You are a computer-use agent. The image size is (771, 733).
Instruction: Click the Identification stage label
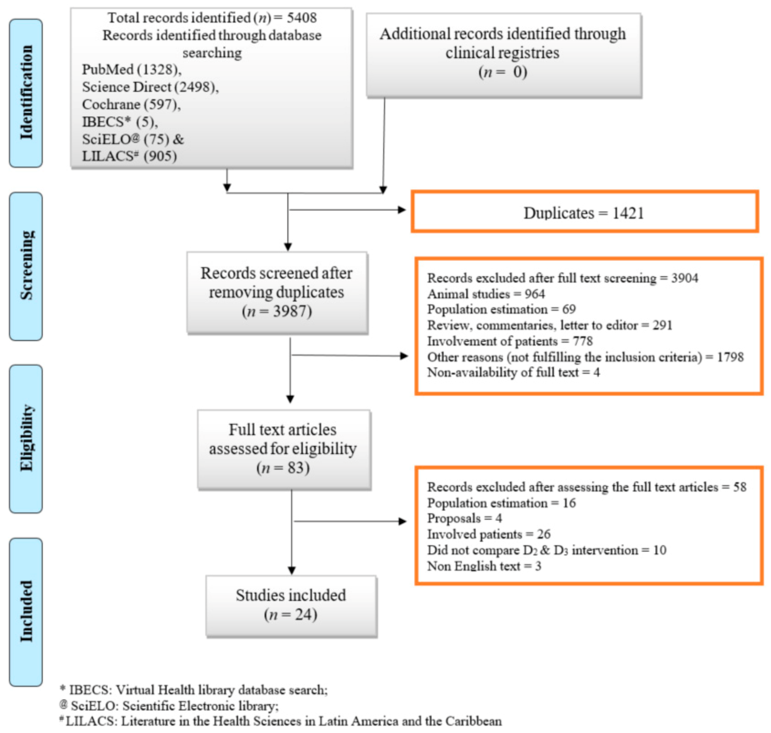pyautogui.click(x=26, y=93)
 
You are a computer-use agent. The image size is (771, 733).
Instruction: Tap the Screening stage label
pyautogui.click(x=26, y=266)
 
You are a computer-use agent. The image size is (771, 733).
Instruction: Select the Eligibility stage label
pyautogui.click(x=26, y=438)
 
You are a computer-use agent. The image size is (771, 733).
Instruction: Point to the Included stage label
pyautogui.click(x=26, y=611)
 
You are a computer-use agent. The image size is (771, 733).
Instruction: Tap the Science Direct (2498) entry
pyautogui.click(x=150, y=87)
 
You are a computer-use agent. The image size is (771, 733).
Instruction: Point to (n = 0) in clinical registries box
pyautogui.click(x=503, y=72)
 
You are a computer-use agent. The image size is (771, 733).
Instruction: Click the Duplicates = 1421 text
pyautogui.click(x=583, y=213)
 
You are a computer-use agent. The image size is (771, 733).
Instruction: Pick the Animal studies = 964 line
pyautogui.click(x=486, y=294)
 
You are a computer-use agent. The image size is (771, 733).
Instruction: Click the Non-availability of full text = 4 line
pyautogui.click(x=513, y=372)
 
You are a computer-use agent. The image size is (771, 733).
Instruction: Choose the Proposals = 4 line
pyautogui.click(x=464, y=518)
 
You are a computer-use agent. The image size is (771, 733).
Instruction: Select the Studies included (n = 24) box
pyautogui.click(x=291, y=605)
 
